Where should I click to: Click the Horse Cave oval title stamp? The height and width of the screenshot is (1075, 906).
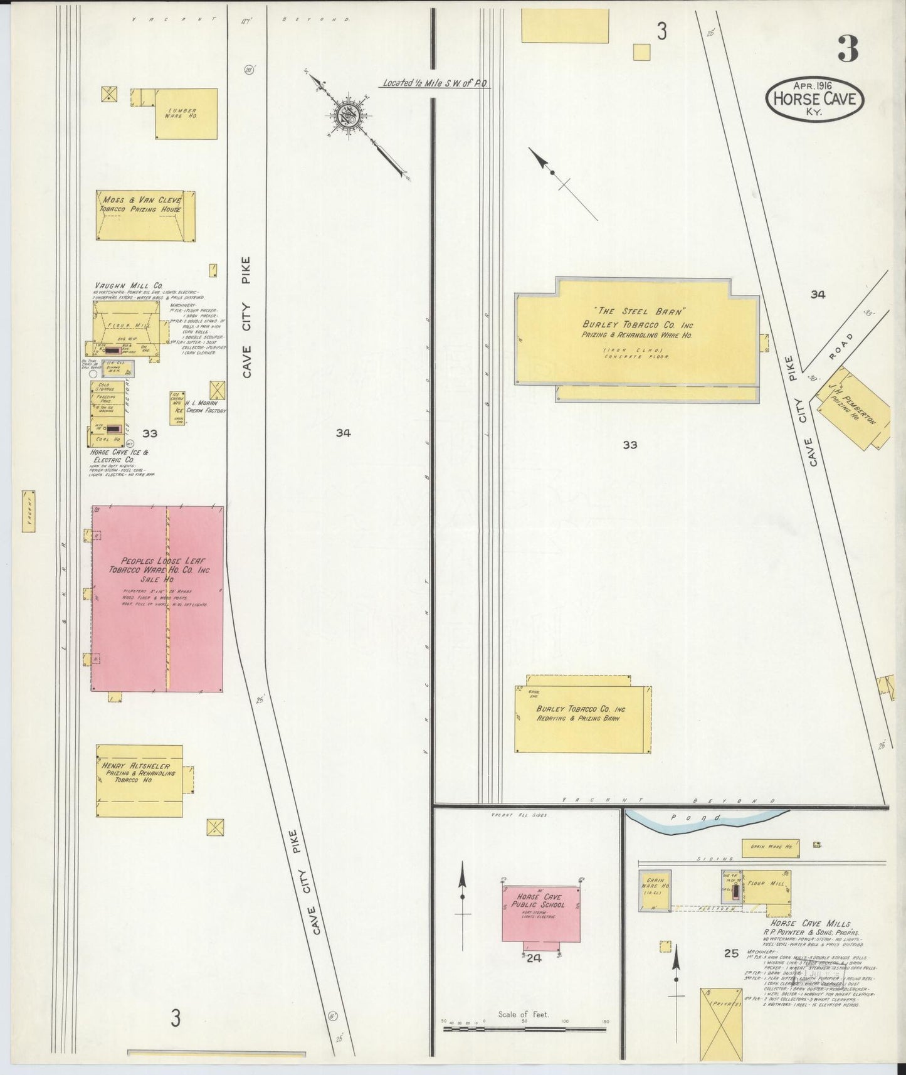[x=814, y=99]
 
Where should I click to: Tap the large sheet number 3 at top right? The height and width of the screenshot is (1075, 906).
[x=847, y=50]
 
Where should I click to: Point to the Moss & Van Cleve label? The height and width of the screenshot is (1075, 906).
[x=143, y=199]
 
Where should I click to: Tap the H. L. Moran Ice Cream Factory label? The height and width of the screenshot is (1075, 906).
[x=201, y=406]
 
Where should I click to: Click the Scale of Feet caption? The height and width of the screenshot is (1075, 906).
[x=523, y=1014]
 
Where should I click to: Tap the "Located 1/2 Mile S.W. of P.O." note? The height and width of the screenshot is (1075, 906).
[x=436, y=83]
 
